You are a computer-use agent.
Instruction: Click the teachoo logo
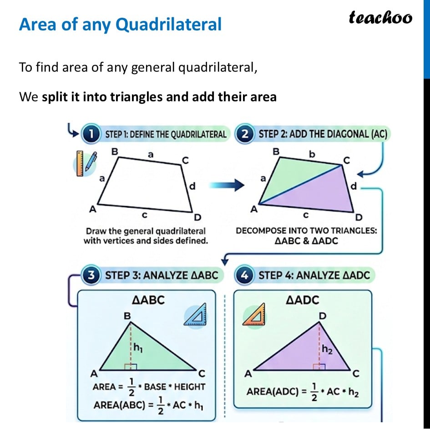(380, 17)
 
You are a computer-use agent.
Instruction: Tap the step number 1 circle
(90, 135)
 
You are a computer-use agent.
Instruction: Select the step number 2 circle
(245, 135)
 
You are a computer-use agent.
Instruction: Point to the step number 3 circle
(91, 276)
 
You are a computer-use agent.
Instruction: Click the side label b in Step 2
(312, 154)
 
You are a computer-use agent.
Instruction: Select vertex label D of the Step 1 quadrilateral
(198, 217)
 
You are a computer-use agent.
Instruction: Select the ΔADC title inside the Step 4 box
(303, 300)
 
